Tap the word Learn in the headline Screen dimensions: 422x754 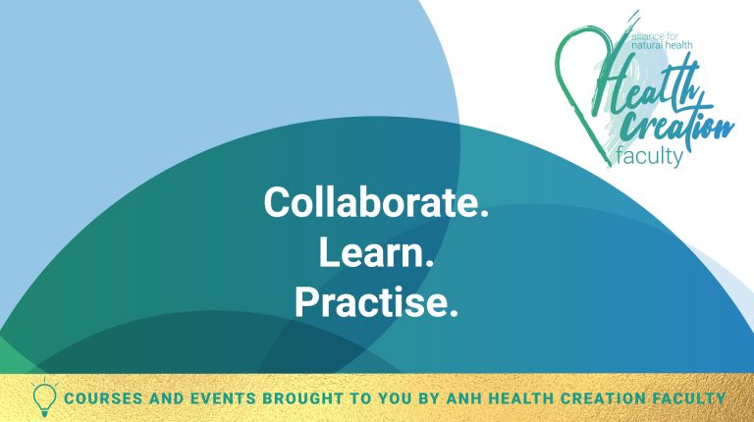pos(377,253)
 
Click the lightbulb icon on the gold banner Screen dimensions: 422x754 pos(44,397)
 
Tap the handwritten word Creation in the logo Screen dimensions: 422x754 pos(677,125)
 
